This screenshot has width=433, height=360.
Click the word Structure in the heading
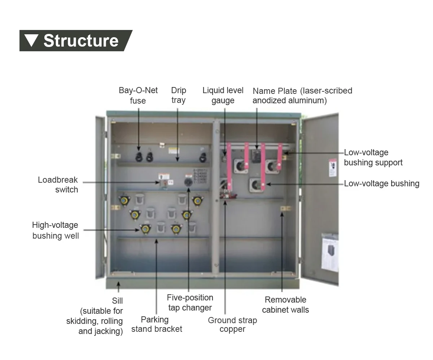tap(81, 40)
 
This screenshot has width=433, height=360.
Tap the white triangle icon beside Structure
tap(32, 40)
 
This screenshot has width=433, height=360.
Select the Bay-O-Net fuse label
tap(138, 95)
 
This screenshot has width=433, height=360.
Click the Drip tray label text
tap(178, 95)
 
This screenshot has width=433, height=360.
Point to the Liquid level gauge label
tap(223, 95)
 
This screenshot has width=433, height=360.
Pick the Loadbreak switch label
tap(58, 185)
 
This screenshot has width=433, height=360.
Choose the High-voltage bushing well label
tap(55, 230)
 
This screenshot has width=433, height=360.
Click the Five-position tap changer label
tap(190, 303)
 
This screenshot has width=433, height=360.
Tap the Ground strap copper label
tap(232, 325)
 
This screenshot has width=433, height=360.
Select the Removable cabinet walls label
tap(285, 304)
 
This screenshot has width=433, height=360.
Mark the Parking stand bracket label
tap(157, 324)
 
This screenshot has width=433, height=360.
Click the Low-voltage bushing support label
tap(373, 157)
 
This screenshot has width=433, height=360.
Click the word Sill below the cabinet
tap(117, 301)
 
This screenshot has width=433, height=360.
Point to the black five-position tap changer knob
tap(188, 182)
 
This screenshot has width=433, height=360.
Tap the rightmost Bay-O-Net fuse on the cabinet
tap(203, 157)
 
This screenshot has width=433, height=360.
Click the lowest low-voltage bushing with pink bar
tap(256, 185)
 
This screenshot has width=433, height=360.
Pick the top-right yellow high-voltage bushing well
tap(197, 200)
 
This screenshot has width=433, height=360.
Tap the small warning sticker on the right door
tap(333, 168)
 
